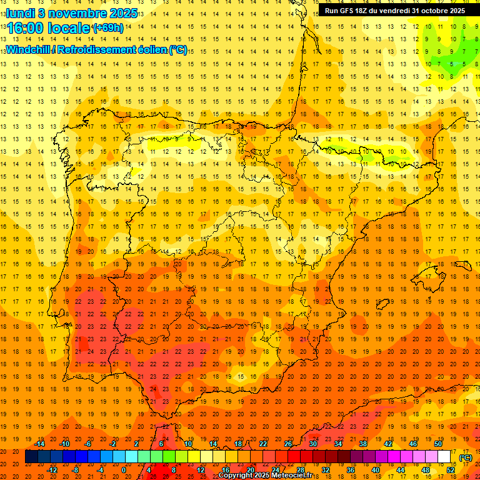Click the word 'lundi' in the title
click(x=19, y=12)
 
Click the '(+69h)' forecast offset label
click(x=107, y=28)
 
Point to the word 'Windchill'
click(x=29, y=49)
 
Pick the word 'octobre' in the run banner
click(x=432, y=11)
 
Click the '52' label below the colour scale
click(x=450, y=470)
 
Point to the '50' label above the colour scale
click(x=438, y=444)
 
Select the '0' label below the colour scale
click(x=124, y=470)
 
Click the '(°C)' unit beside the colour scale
click(x=466, y=457)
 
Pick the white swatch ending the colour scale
click(x=444, y=457)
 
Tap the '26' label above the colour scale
click(x=288, y=444)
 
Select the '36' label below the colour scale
click(x=350, y=470)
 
